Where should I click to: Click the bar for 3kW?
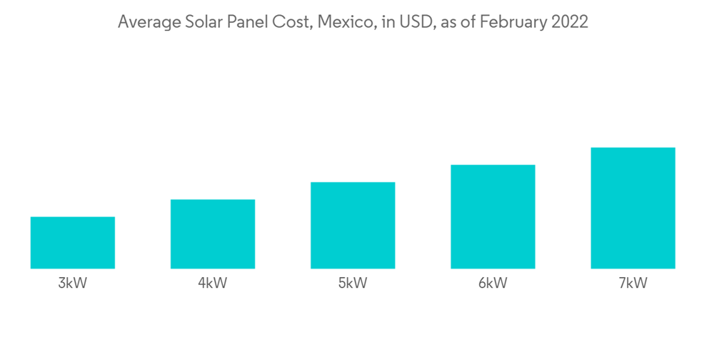(x=73, y=243)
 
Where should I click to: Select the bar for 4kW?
(x=213, y=234)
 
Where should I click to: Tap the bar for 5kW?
(x=353, y=226)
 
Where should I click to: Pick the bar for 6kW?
(x=493, y=217)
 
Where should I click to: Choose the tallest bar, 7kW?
(x=633, y=209)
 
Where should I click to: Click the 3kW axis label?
(x=73, y=284)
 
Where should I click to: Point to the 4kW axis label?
(x=213, y=284)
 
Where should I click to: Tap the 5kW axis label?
(x=353, y=284)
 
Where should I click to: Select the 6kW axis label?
(x=493, y=284)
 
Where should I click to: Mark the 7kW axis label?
(x=633, y=284)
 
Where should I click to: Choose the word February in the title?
(x=513, y=22)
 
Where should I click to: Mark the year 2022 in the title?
(x=568, y=22)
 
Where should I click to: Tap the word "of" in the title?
(x=466, y=22)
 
